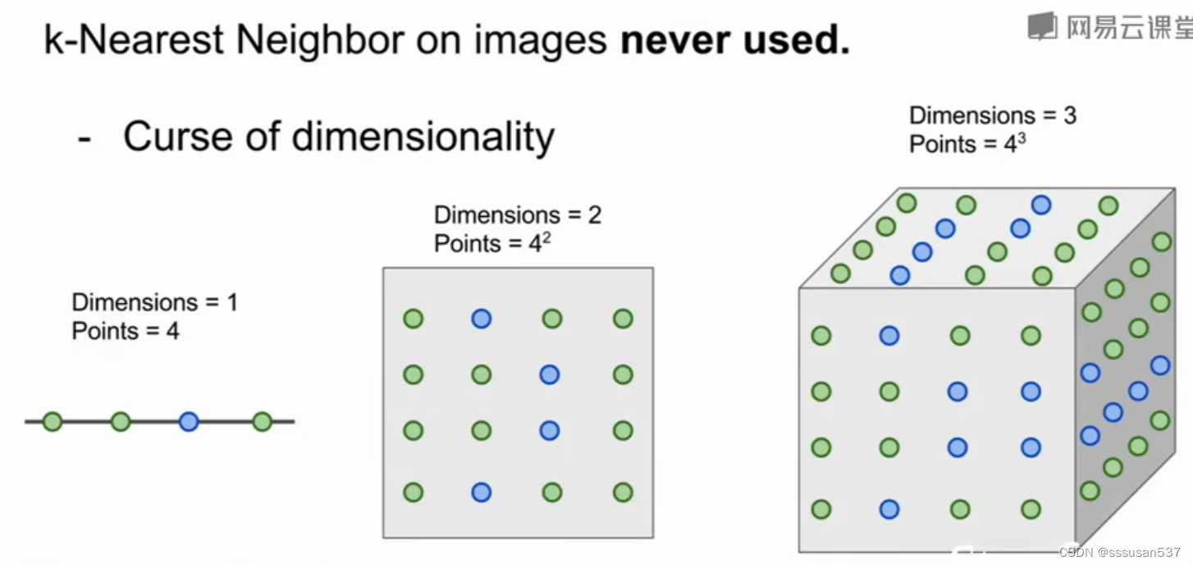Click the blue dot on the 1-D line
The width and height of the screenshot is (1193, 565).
tap(189, 422)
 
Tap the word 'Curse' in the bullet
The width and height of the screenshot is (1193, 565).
tap(174, 136)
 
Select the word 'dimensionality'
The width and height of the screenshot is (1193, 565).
tap(423, 136)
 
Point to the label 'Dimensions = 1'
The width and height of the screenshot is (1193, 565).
tap(154, 302)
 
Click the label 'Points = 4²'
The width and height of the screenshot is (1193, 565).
tap(491, 243)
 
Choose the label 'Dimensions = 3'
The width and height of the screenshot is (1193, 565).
tap(993, 115)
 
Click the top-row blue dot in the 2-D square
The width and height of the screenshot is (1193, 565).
tap(482, 319)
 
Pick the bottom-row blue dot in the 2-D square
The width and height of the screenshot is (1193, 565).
tap(482, 493)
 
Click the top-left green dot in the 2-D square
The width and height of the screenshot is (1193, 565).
tap(414, 319)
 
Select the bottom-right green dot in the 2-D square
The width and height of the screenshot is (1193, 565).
tap(623, 493)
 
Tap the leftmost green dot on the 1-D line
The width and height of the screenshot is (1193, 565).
tap(53, 422)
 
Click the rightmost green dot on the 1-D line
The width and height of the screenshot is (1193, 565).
tap(262, 422)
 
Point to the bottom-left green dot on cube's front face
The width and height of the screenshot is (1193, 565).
tap(821, 509)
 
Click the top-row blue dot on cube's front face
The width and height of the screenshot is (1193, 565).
tap(889, 335)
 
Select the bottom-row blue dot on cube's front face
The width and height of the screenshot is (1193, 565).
tap(889, 509)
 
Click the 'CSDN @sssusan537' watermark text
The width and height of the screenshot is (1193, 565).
tap(1119, 553)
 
